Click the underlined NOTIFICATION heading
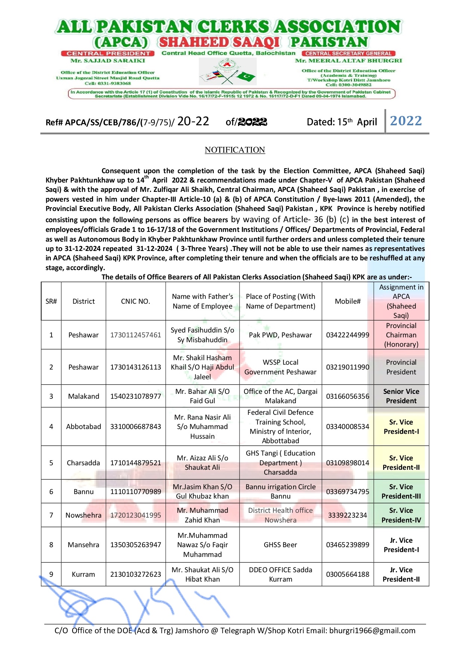tap(235, 150)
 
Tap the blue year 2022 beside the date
tap(406, 121)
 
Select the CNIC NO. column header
tap(135, 301)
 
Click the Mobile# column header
tap(348, 301)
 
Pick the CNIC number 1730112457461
tap(135, 335)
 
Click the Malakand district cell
tap(83, 396)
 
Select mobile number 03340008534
tap(348, 427)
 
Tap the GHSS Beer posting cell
tap(280, 545)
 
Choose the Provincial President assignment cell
tap(401, 367)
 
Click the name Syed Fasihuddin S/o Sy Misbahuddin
tap(203, 335)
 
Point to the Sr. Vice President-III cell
tap(401, 491)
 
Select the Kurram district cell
tap(83, 574)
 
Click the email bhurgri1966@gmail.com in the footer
tap(372, 631)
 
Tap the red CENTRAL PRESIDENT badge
tap(108, 53)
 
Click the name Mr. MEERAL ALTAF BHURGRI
tap(348, 61)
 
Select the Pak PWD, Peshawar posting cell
tap(280, 335)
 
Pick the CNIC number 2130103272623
tap(135, 574)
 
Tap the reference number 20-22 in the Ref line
tap(193, 121)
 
